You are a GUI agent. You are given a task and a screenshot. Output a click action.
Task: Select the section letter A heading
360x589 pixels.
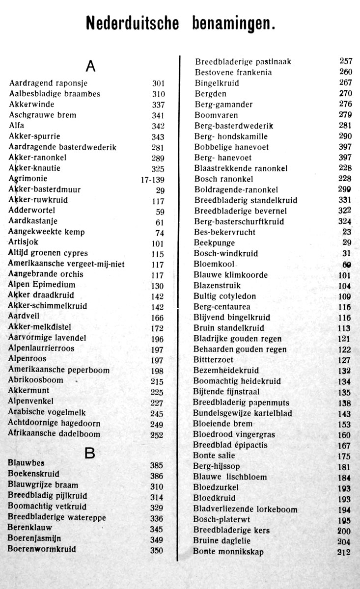tap(90, 66)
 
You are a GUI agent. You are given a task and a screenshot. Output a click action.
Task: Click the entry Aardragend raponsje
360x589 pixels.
tap(48, 83)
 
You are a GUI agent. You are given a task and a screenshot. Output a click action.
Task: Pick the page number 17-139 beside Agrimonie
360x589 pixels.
tap(152, 180)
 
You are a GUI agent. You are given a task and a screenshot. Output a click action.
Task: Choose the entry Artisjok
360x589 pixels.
tap(23, 242)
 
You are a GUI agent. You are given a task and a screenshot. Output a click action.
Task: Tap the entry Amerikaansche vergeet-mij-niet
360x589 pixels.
tap(66, 264)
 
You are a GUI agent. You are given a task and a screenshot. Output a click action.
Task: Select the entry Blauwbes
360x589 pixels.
tap(26, 463)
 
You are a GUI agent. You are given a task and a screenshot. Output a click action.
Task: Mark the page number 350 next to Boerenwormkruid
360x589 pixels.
tap(156, 551)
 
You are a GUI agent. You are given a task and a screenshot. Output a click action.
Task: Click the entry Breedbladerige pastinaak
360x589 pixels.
tap(243, 62)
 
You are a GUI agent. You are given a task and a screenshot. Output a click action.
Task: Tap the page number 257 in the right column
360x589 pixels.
tap(346, 61)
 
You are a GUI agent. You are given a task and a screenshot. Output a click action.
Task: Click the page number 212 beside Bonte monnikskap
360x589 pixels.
tap(344, 552)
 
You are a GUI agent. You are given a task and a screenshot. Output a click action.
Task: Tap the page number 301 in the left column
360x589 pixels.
tap(158, 83)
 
